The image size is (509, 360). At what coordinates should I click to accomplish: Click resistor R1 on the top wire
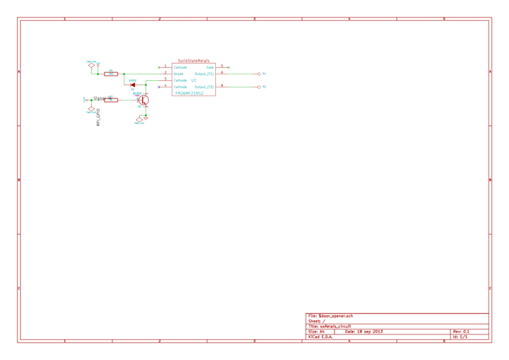[111, 74]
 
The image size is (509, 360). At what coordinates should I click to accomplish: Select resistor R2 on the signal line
[111, 100]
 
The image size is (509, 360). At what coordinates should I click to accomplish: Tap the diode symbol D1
[133, 85]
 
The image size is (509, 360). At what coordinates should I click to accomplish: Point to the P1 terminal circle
[258, 74]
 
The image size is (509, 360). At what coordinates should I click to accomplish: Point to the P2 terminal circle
[258, 86]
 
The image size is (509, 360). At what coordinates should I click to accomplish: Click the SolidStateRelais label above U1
[193, 60]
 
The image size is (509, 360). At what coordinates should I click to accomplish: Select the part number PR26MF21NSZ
[189, 93]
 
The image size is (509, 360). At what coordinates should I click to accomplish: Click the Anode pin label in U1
[179, 74]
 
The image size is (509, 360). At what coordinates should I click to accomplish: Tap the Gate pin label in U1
[210, 67]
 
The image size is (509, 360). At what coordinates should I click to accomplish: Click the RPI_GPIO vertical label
[99, 118]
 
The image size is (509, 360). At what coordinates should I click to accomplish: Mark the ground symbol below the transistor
[146, 118]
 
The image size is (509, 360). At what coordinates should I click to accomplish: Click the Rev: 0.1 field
[461, 332]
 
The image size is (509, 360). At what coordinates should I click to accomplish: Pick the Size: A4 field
[316, 332]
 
